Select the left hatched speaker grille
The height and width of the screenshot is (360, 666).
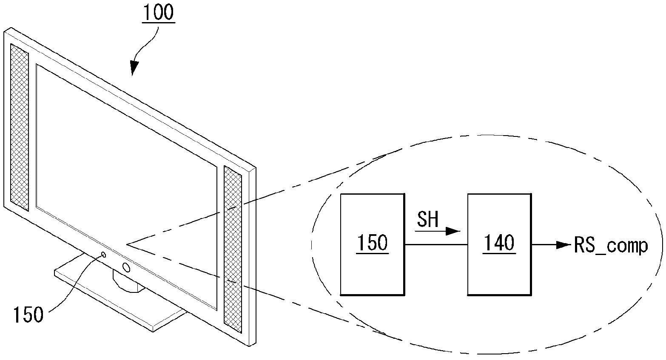pyautogui.click(x=20, y=127)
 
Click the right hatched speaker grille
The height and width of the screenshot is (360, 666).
pyautogui.click(x=233, y=249)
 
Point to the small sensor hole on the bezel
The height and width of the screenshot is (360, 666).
pyautogui.click(x=104, y=255)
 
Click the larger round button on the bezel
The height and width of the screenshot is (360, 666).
pyautogui.click(x=126, y=267)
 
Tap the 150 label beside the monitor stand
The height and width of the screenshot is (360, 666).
pyautogui.click(x=28, y=315)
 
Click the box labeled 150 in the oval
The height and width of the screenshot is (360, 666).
pyautogui.click(x=372, y=244)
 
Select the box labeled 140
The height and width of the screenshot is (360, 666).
pyautogui.click(x=499, y=244)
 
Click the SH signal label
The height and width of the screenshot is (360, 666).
pyautogui.click(x=428, y=219)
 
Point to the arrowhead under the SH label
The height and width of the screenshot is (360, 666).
pyautogui.click(x=453, y=231)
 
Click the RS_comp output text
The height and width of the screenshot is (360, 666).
pyautogui.click(x=611, y=247)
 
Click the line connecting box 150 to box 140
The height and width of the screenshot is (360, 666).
pyautogui.click(x=436, y=245)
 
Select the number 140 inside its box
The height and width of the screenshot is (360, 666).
pyautogui.click(x=499, y=243)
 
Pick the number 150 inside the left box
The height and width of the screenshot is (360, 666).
pyautogui.click(x=372, y=243)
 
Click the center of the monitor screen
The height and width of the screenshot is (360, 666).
pyautogui.click(x=126, y=187)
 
